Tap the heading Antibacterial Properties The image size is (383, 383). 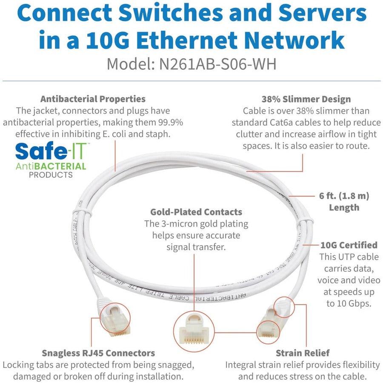[x=93, y=99]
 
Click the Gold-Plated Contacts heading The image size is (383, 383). [x=196, y=212]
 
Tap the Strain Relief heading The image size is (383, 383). [x=303, y=353]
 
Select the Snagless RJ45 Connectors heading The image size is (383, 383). [x=98, y=353]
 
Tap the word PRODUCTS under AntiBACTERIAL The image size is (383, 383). [x=51, y=175]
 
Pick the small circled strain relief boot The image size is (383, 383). [x=283, y=305]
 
